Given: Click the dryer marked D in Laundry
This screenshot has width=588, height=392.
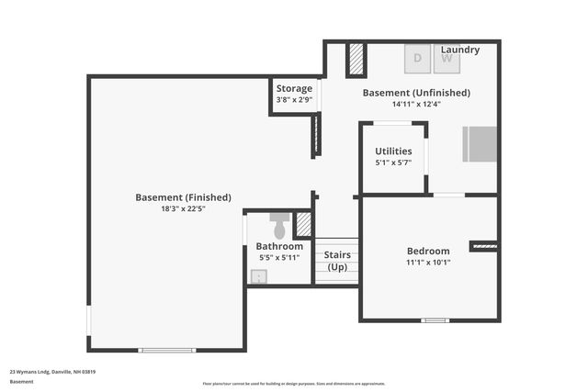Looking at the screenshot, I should (418, 58).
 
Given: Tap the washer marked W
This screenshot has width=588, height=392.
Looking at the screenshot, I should (447, 58).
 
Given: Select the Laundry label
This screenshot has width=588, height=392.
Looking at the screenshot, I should (459, 50).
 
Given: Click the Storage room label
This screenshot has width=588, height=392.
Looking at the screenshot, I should (294, 89).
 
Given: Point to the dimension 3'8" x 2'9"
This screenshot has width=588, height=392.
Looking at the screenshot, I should (294, 100).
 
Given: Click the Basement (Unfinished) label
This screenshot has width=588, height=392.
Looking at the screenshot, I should (416, 93).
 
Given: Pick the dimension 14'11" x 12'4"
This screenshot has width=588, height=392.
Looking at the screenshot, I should (416, 104).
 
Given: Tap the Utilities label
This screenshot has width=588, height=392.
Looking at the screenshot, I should (393, 151).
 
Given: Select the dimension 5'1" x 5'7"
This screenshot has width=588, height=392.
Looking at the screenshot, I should (393, 162).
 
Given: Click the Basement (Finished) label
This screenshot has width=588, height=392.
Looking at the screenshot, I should (183, 197).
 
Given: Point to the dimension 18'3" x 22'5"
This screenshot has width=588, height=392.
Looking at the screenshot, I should (183, 208).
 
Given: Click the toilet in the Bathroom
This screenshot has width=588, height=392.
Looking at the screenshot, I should (280, 225).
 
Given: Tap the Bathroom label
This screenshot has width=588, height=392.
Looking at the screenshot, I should (279, 246).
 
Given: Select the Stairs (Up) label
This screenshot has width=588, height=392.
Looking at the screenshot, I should (336, 260).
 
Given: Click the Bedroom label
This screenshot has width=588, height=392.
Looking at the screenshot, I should (428, 251).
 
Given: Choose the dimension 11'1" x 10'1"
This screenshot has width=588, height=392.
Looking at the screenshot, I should (428, 262).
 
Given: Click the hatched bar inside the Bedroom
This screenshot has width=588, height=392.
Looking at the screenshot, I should (484, 246).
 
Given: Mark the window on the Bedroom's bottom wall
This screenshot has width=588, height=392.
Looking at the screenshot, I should (435, 320).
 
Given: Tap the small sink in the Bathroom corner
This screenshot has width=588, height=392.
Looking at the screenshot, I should (257, 275).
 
